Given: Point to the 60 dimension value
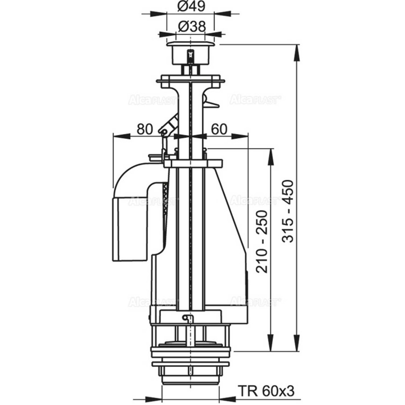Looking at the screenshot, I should coord(219,129).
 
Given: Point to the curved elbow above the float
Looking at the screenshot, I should coord(134,178).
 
